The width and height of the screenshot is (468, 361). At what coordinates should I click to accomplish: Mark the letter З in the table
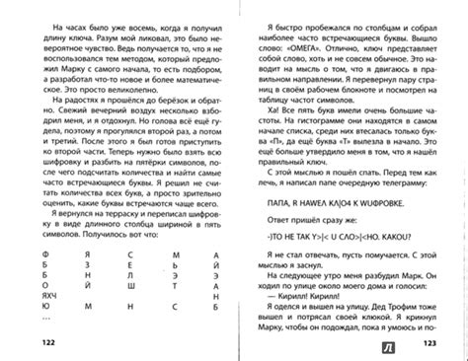click(x=214, y=277)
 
